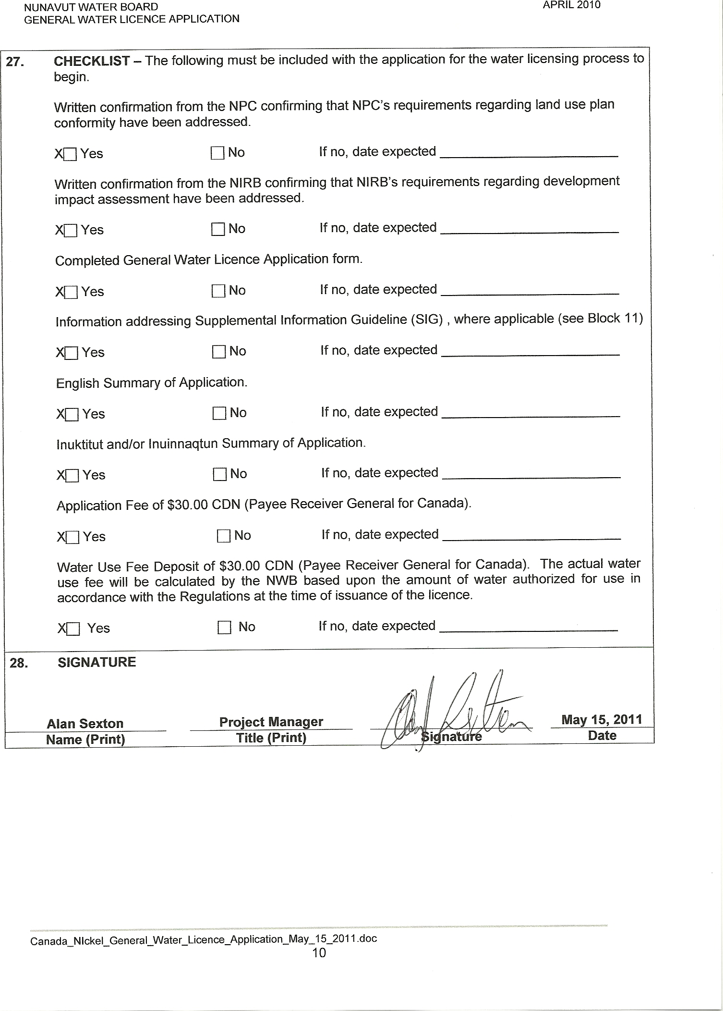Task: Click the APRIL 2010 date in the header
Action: [571, 5]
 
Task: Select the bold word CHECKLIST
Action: [92, 61]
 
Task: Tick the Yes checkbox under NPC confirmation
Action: [71, 154]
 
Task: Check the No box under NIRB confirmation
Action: [218, 229]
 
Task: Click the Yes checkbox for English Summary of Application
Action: [72, 414]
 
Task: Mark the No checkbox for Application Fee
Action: [224, 536]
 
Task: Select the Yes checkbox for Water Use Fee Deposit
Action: [73, 629]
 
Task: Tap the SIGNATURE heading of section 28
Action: [96, 662]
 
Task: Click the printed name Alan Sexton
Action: [85, 723]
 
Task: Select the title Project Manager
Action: [271, 722]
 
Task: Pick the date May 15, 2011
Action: [602, 719]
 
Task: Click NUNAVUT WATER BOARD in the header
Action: [91, 7]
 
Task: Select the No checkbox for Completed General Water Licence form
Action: [218, 291]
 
